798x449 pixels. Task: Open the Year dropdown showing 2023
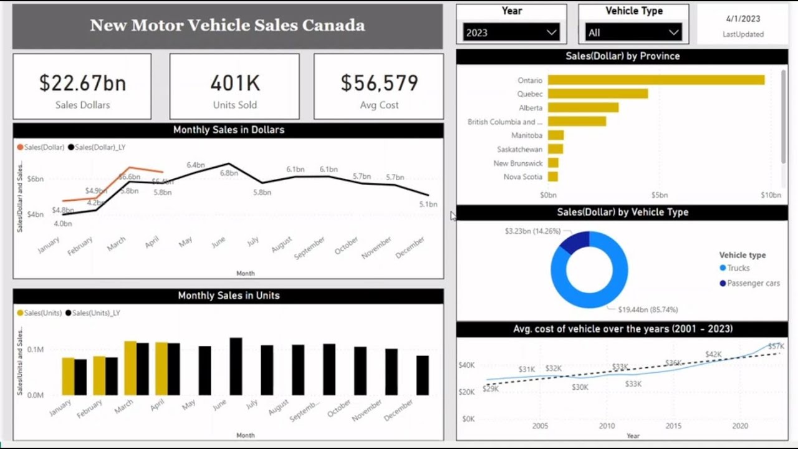click(x=511, y=32)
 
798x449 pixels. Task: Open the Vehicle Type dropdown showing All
click(x=633, y=32)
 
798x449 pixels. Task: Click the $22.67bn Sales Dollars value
click(x=82, y=83)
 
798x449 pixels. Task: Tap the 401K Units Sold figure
click(x=234, y=83)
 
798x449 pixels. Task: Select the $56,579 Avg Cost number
click(x=379, y=83)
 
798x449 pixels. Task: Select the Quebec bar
click(x=598, y=94)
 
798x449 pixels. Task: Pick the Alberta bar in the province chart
click(x=583, y=107)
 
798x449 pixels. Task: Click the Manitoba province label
click(x=527, y=135)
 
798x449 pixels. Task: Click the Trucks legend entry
click(x=738, y=268)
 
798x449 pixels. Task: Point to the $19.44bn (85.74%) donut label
click(x=648, y=309)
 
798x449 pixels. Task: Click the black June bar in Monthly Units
click(x=236, y=367)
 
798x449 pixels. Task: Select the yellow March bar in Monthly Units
click(x=130, y=368)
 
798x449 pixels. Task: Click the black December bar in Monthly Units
click(x=423, y=375)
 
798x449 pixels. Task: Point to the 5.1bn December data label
click(x=428, y=204)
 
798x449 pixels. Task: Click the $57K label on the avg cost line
click(x=776, y=346)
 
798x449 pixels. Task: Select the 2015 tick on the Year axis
click(x=673, y=426)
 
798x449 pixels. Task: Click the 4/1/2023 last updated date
click(x=743, y=20)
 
